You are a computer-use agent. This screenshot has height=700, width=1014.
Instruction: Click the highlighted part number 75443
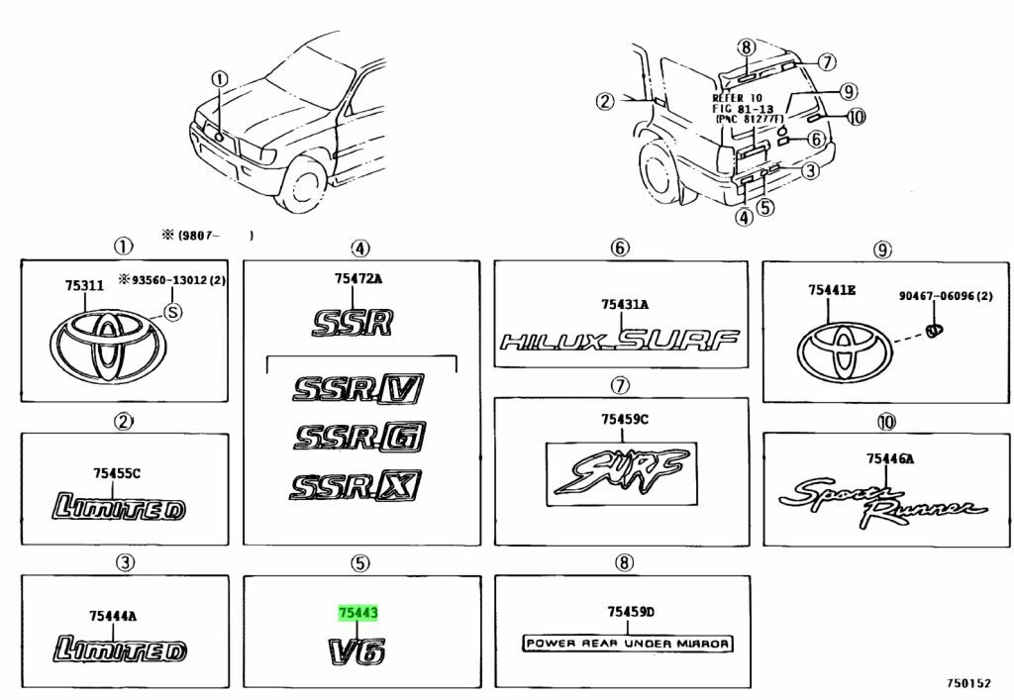click(358, 615)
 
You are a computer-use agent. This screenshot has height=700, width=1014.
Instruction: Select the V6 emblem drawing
click(356, 652)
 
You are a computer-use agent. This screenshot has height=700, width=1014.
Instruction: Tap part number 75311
click(84, 285)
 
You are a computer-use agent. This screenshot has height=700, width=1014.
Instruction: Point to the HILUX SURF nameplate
click(619, 342)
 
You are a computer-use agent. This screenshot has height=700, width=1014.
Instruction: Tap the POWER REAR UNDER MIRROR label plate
click(627, 644)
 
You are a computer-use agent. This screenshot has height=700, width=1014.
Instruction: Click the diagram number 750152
click(966, 684)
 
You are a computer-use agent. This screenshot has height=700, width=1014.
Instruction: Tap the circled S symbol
click(172, 313)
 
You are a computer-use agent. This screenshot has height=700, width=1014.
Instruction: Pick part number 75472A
click(357, 278)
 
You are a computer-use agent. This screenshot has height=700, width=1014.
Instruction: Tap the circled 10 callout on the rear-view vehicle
click(856, 116)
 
